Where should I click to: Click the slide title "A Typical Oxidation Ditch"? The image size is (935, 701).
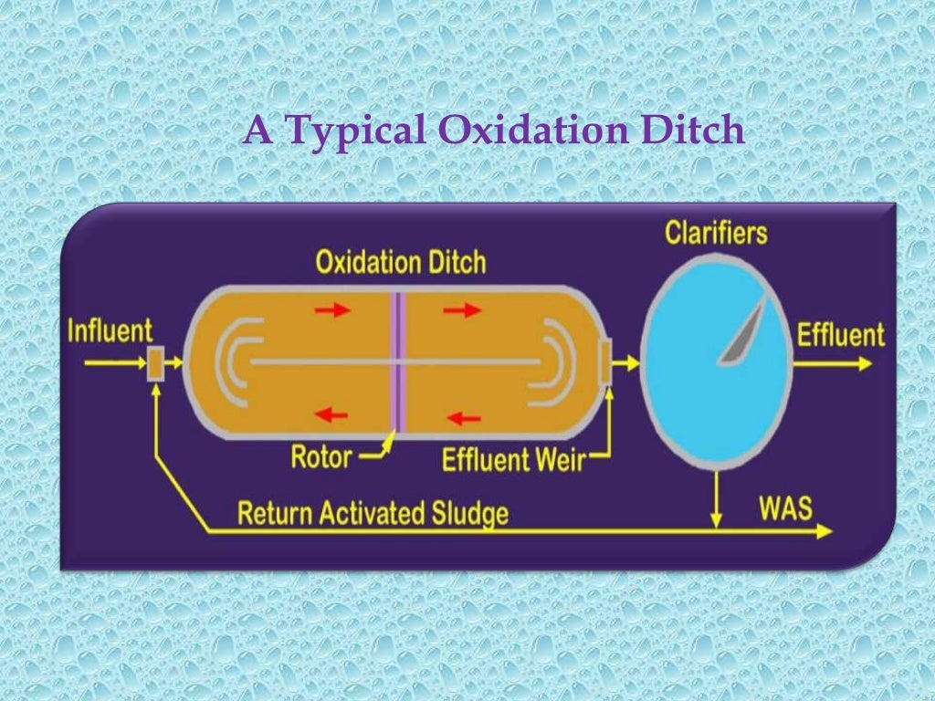coord(493,131)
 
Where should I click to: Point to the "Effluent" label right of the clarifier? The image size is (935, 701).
coord(840,334)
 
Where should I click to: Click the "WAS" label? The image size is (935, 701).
coord(784,507)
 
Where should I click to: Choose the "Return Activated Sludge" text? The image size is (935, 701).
coord(373,513)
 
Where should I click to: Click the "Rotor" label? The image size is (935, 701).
coord(321,456)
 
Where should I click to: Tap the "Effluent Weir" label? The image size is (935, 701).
coord(511,459)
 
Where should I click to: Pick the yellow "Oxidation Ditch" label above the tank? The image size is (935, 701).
coord(401,263)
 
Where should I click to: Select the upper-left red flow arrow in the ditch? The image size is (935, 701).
coord(332,310)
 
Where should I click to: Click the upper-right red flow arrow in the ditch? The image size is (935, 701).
coord(462,310)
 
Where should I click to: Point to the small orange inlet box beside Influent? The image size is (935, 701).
coord(155,363)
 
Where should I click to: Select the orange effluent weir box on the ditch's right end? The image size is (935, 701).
coord(604,361)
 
